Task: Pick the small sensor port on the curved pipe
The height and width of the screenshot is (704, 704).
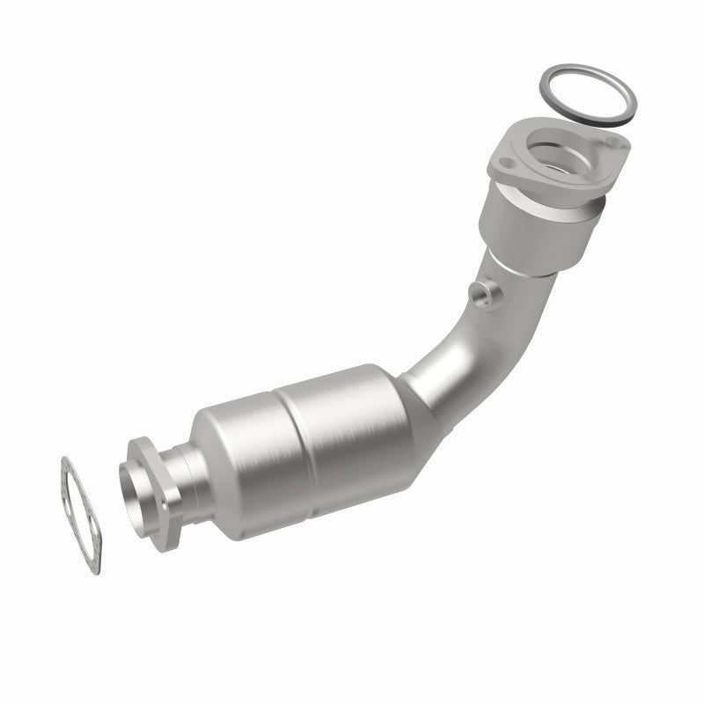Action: pos(480,295)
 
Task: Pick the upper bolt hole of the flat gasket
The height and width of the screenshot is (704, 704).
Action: pos(68,465)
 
